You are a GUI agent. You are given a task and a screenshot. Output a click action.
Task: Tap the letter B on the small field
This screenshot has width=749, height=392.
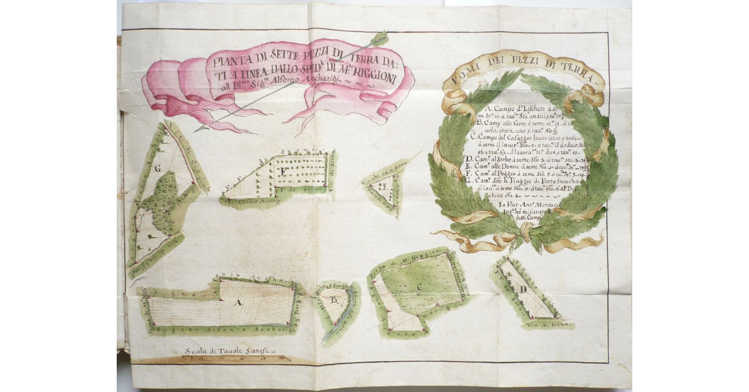pyautogui.click(x=334, y=300)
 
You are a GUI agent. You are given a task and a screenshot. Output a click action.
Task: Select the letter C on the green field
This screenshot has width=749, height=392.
pyautogui.click(x=421, y=287)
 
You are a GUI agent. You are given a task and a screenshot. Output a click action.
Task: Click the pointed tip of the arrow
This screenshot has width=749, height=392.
pyautogui.click(x=197, y=129)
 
